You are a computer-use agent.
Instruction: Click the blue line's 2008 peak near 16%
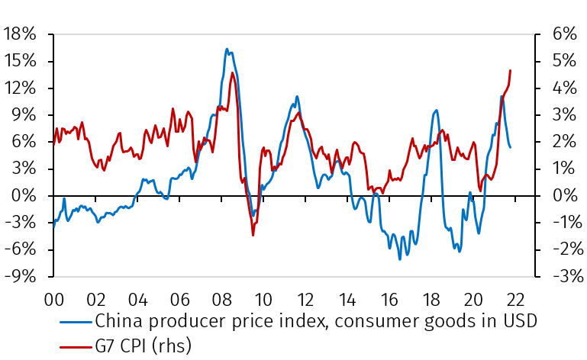[227, 49]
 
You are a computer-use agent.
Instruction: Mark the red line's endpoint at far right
[510, 70]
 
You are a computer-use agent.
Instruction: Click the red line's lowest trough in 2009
[253, 235]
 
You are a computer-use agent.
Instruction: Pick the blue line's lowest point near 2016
[399, 259]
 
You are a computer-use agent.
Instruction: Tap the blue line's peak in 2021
[501, 96]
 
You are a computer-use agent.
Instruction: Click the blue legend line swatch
[73, 322]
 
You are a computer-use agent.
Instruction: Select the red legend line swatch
[73, 346]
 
